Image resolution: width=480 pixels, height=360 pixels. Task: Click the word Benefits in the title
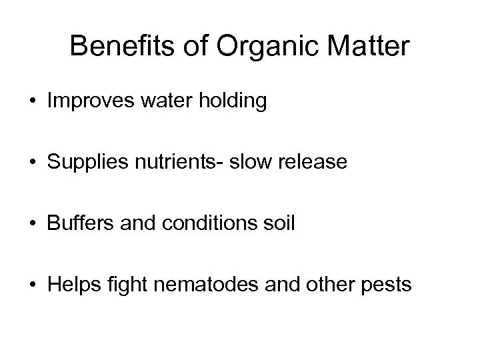(x=109, y=47)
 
